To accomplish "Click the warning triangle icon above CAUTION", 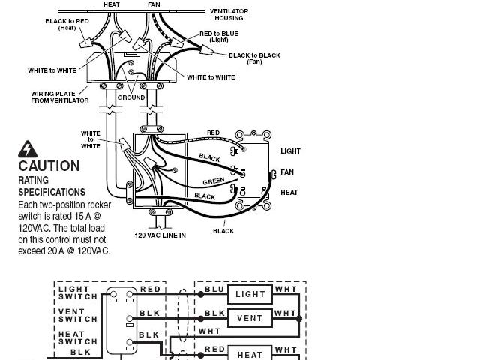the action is [x=28, y=148].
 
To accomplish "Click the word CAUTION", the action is [x=49, y=166].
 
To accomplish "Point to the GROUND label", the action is [x=130, y=97].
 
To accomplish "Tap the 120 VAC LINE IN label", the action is [x=160, y=235].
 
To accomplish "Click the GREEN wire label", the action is [x=214, y=181].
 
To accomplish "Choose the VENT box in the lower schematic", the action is [x=249, y=318].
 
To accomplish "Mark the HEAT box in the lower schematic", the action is [x=249, y=354].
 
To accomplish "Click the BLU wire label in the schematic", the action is [x=214, y=289].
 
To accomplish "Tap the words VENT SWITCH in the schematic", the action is [x=77, y=315].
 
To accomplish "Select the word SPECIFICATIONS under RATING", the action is [x=52, y=192].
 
